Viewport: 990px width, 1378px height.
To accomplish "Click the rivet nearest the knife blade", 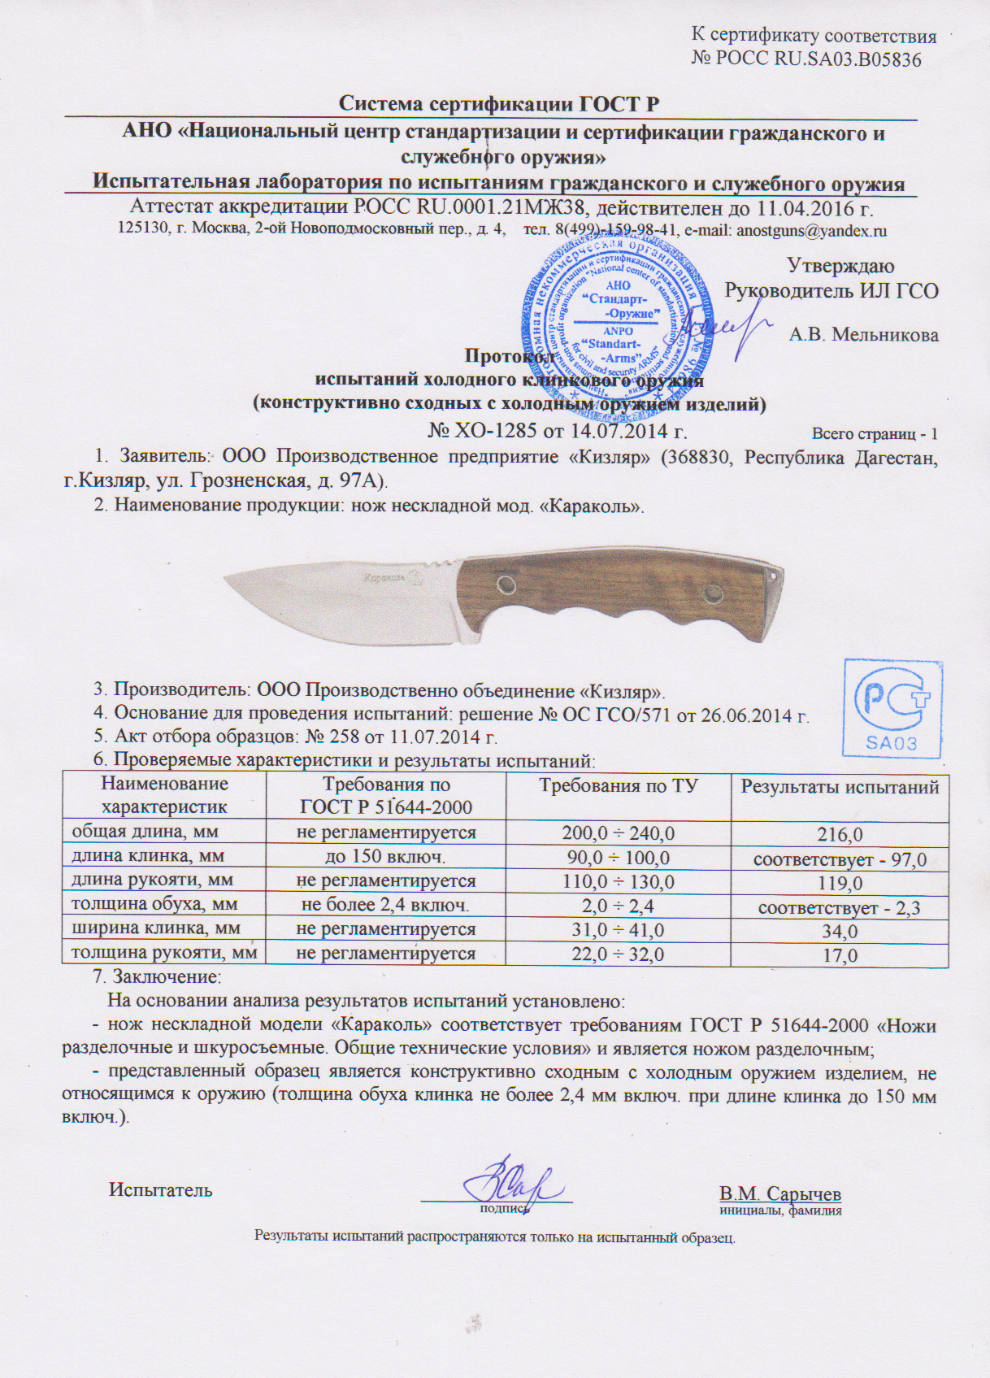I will [x=506, y=584].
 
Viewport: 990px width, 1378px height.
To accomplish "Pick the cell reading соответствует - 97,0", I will [x=840, y=859].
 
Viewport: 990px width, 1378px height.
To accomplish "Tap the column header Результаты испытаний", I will [x=840, y=787].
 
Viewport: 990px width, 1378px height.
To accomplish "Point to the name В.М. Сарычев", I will [x=779, y=1193].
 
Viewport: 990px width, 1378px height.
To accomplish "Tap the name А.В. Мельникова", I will [x=864, y=335].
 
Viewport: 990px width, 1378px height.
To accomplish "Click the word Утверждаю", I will [x=841, y=266].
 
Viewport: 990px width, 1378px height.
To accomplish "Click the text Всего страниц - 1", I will [x=875, y=433].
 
